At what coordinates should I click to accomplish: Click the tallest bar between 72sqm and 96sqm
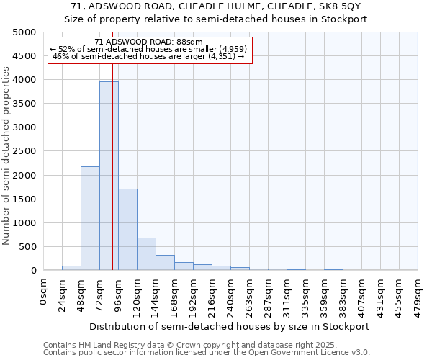tap(109, 176)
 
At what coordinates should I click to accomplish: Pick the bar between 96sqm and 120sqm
tap(127, 230)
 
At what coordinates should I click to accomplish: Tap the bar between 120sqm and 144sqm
tap(146, 254)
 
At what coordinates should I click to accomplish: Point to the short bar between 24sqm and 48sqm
tap(71, 268)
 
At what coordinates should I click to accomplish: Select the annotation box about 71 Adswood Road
tap(150, 50)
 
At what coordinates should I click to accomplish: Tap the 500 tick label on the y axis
tap(28, 247)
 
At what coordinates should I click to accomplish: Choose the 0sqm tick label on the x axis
tap(44, 291)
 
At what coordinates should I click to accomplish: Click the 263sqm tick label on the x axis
tap(249, 294)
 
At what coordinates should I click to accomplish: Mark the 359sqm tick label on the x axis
tap(324, 294)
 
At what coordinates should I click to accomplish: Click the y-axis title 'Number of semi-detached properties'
tap(6, 156)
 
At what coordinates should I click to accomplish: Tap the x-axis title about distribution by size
tap(230, 326)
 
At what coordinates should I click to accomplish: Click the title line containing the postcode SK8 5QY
tap(216, 6)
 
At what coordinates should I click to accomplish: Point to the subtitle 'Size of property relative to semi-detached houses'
tap(216, 19)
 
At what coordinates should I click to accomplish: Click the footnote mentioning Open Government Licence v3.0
tap(207, 353)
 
